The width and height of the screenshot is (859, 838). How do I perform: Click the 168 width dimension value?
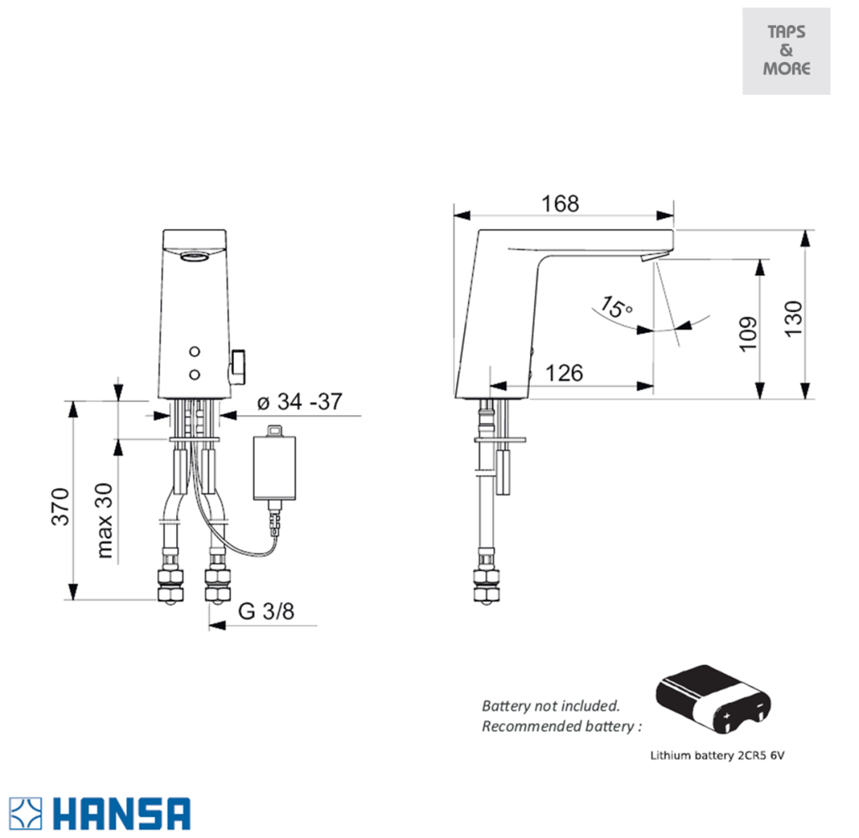point(560,204)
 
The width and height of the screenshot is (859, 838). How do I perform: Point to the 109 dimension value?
point(749,333)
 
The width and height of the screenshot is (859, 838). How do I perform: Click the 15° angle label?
point(617,307)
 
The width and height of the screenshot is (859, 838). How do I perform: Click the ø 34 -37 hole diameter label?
point(299,403)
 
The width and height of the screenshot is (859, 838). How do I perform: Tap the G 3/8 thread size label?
point(267,612)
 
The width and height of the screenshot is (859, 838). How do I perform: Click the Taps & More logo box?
point(786,51)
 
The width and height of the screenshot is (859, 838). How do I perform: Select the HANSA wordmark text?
point(122,814)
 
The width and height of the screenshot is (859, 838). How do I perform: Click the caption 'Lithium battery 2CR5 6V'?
point(717,755)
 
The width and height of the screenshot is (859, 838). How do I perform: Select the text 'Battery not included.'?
point(550,705)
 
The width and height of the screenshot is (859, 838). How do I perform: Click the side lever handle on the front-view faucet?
point(237,363)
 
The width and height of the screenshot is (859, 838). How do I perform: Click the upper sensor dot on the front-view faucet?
point(195,350)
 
